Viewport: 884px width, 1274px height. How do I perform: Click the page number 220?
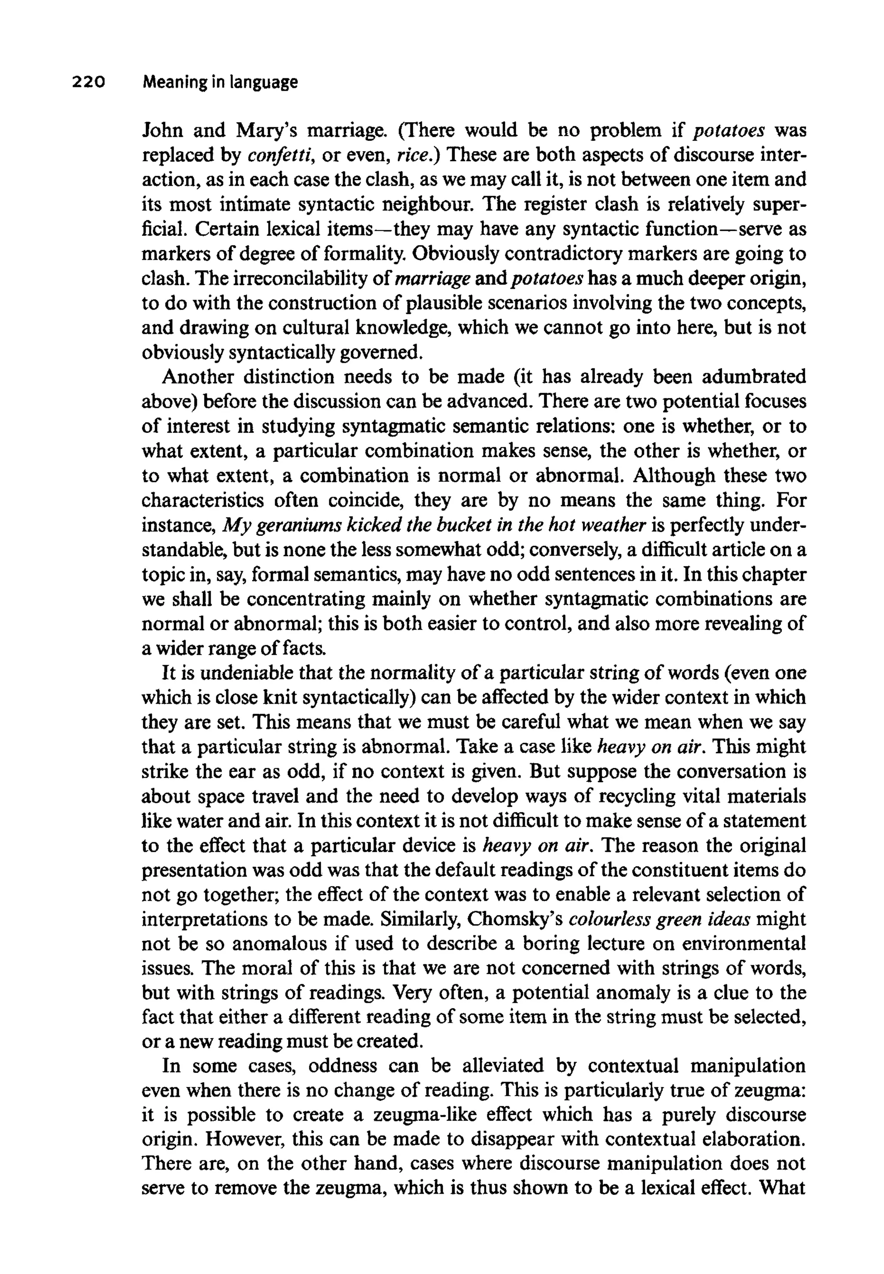[88, 82]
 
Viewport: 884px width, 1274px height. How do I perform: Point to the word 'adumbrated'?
[754, 377]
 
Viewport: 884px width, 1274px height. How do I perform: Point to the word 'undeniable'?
[247, 673]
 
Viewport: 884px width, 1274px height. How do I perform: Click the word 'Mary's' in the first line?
[268, 131]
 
